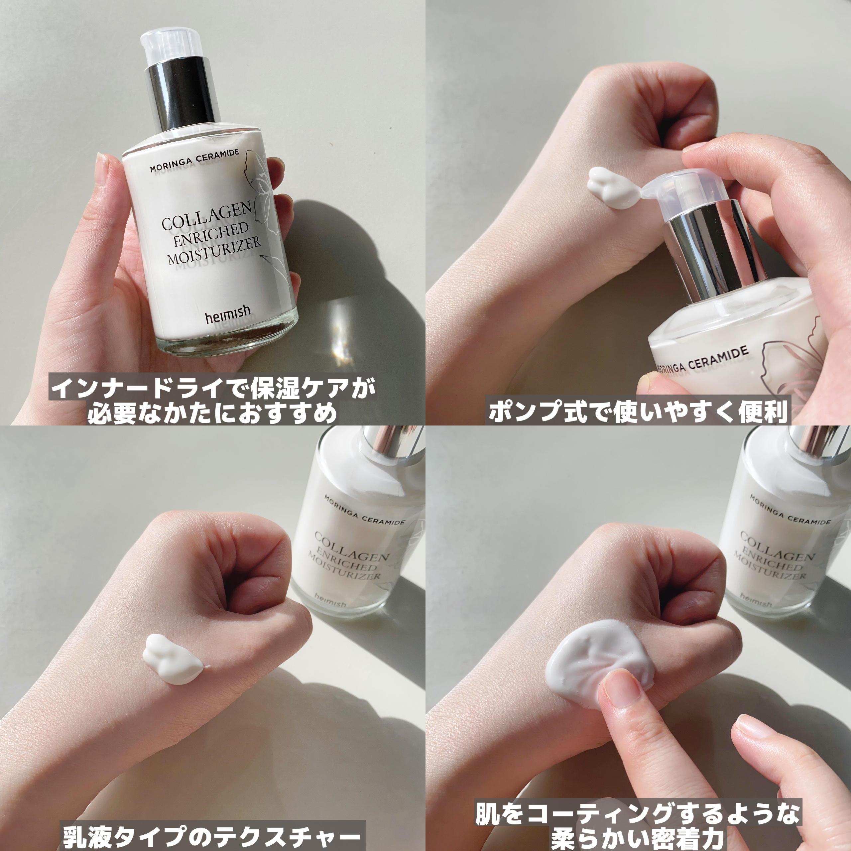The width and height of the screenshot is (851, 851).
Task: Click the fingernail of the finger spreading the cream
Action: [x=624, y=696]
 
